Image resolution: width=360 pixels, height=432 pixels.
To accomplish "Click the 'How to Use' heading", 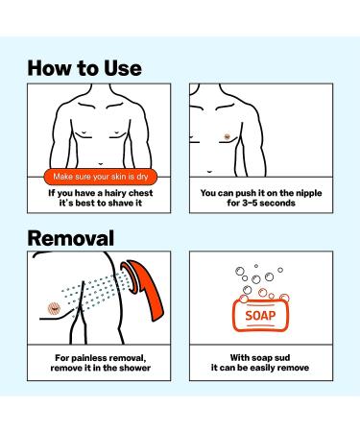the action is tap(84, 68).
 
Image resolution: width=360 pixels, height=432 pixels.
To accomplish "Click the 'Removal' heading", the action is tap(71, 238).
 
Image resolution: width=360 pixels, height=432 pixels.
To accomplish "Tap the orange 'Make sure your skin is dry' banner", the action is tap(101, 177).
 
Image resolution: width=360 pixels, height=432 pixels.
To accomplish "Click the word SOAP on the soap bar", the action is tap(260, 316).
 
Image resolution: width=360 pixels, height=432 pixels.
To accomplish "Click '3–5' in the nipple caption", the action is tap(250, 203).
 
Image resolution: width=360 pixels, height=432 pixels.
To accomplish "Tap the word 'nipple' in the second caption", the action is tap(307, 193).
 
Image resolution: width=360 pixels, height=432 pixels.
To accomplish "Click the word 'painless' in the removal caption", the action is tap(84, 358).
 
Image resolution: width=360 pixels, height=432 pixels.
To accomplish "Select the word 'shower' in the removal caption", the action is tap(134, 368).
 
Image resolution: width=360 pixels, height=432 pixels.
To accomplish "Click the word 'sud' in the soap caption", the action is tap(282, 357).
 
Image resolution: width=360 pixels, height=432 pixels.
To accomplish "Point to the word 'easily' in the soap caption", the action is tap(263, 368).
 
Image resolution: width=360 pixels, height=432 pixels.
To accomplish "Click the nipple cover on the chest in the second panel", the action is tap(227, 137).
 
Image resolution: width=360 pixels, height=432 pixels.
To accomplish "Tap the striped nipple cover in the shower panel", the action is tap(54, 308).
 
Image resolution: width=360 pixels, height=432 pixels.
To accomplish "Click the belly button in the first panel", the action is tap(101, 164).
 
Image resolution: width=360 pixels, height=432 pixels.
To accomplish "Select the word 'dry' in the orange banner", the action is tap(142, 177).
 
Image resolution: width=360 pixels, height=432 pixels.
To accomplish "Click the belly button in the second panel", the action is tap(209, 172).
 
